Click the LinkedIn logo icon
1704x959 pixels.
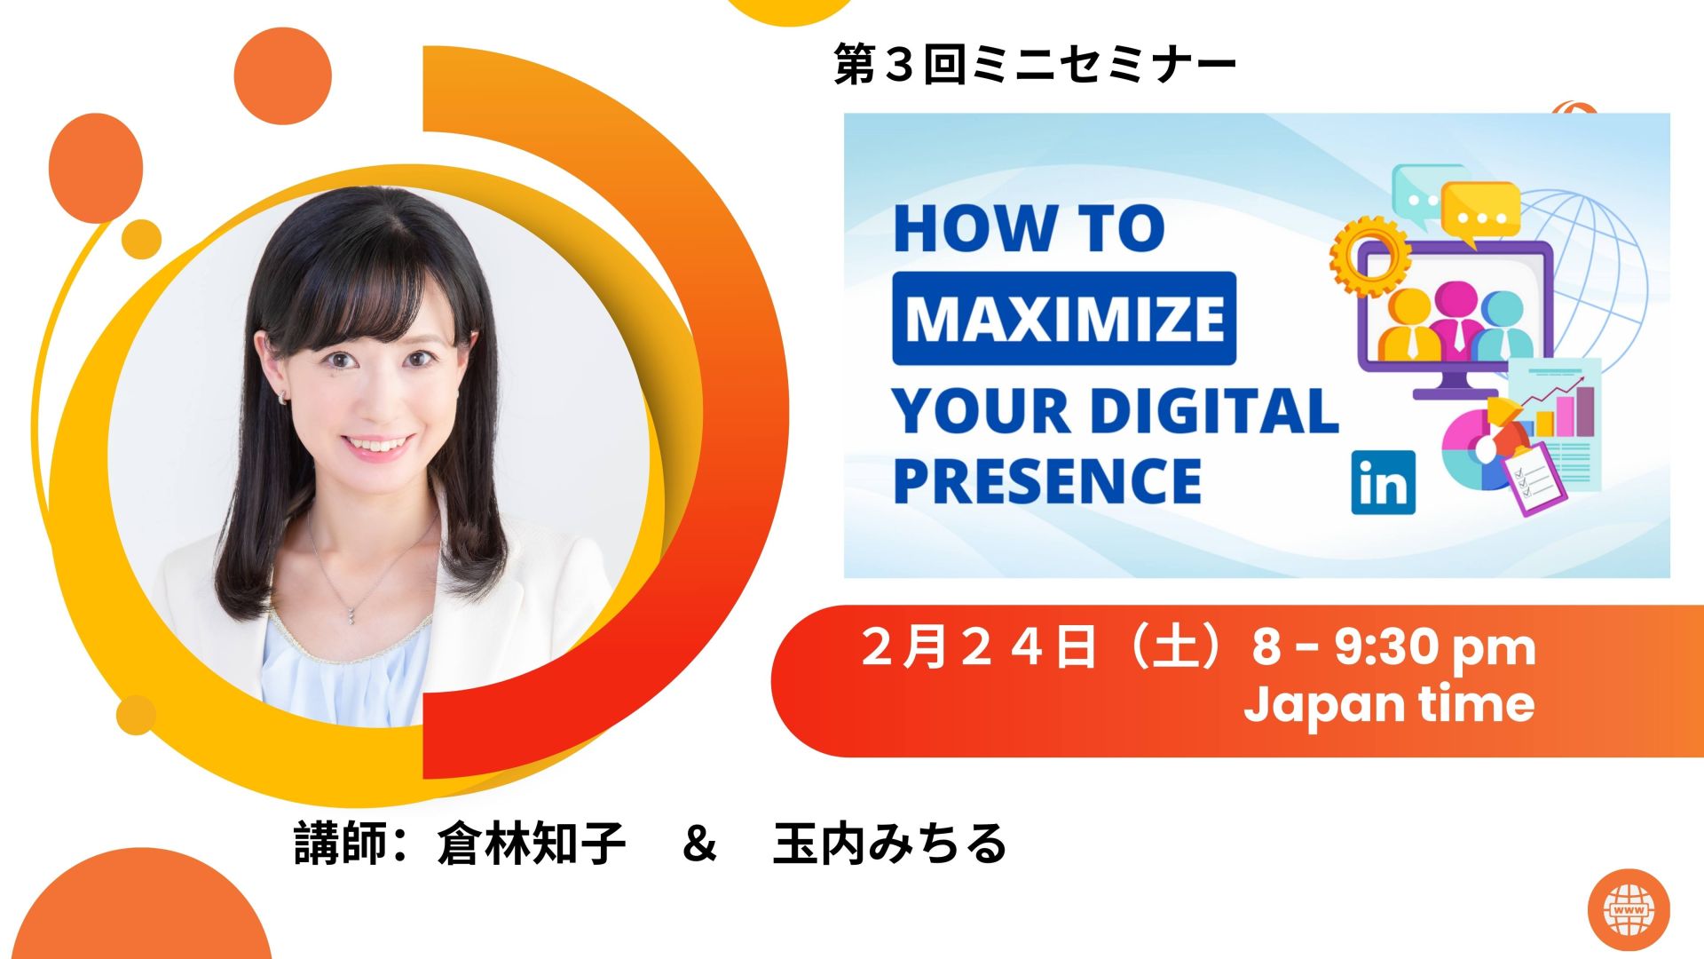point(1383,483)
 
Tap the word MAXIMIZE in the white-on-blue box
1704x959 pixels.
point(1064,318)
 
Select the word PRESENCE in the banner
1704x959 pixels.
point(1047,480)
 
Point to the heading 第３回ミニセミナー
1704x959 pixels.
point(1035,65)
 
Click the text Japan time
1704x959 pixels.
point(1389,704)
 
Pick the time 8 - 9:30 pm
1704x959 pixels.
point(1393,648)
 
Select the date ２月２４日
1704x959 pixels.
point(979,646)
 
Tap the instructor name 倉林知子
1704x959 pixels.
point(532,844)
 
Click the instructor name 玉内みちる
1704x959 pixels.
point(890,844)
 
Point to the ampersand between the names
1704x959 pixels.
point(699,844)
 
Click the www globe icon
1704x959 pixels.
point(1629,909)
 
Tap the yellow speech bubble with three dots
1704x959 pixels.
point(1480,211)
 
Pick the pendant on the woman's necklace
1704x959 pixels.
point(352,612)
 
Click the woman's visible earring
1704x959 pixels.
point(284,396)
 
